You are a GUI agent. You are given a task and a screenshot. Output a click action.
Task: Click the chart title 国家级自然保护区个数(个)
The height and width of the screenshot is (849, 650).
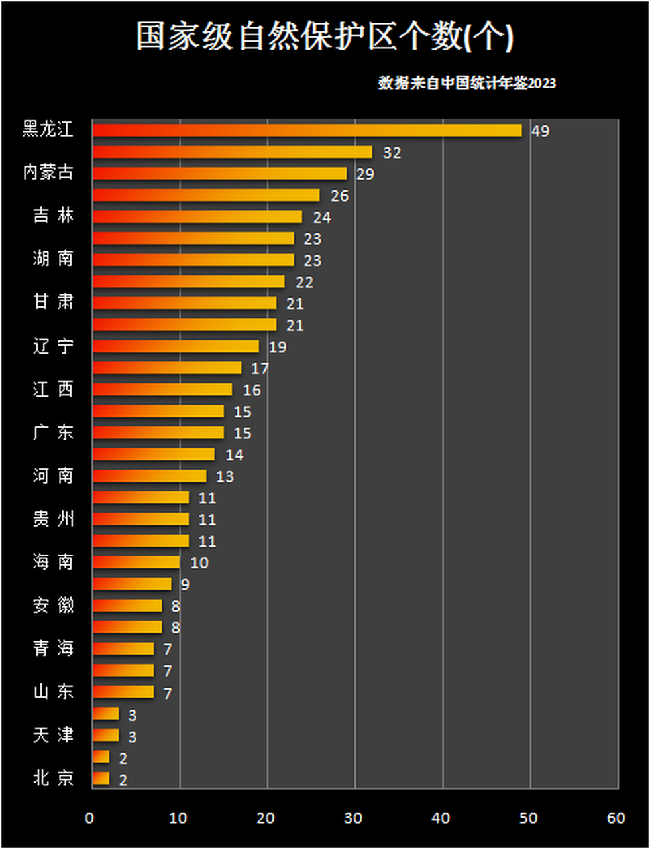coord(325,36)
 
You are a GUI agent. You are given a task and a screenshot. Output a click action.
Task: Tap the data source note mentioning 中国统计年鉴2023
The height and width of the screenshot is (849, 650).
coord(466,83)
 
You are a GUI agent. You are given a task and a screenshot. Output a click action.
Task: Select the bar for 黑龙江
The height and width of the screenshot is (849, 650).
coord(307,130)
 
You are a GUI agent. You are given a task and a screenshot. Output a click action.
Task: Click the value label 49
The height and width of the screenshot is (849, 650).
coord(540,131)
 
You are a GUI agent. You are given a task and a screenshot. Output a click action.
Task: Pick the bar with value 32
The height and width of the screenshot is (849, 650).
coord(232,152)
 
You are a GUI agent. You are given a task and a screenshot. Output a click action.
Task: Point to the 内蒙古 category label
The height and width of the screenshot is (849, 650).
coord(48,172)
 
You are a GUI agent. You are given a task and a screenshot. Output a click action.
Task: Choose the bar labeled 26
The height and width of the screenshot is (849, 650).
coord(205,195)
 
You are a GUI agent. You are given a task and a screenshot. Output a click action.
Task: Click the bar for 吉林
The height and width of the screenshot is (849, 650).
coord(197,217)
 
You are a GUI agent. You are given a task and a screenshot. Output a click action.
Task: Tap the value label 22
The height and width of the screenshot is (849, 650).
coord(304,282)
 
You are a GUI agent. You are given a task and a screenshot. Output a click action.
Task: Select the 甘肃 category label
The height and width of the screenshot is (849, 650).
coord(53,302)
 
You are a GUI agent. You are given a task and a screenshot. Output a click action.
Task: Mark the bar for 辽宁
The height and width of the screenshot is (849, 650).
coord(176,346)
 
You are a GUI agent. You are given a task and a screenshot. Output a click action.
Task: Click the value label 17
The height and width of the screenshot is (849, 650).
coord(260,368)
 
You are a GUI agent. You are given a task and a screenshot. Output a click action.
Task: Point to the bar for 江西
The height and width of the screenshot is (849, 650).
coord(162,389)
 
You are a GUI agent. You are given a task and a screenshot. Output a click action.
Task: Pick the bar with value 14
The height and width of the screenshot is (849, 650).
coord(153,454)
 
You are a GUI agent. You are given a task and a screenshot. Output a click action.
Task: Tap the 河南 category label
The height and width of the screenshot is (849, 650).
coord(53,476)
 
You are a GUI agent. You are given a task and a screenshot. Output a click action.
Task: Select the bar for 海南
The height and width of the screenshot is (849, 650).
coord(136,562)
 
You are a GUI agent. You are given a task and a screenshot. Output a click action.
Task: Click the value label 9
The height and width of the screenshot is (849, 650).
coord(185,584)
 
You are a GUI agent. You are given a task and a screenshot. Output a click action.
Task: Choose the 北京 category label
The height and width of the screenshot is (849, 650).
coord(53,777)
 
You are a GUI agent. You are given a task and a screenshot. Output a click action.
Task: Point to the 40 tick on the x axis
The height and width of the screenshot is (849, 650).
coord(441,818)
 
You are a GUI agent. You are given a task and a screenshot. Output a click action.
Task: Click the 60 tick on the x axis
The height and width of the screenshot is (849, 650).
coord(616,818)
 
